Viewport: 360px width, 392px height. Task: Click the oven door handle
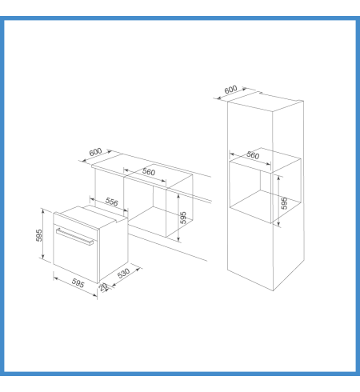(74, 237)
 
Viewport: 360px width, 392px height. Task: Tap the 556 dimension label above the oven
(111, 202)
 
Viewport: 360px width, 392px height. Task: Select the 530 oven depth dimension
(123, 274)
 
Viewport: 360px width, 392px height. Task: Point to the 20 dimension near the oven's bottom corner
(103, 287)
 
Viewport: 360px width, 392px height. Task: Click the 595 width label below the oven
(78, 283)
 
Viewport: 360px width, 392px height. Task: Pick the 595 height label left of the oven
(39, 235)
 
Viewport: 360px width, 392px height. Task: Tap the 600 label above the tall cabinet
(230, 90)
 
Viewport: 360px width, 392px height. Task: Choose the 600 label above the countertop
(95, 152)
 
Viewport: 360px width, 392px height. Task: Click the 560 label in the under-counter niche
(149, 172)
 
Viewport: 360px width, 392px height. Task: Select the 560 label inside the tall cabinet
(253, 155)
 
